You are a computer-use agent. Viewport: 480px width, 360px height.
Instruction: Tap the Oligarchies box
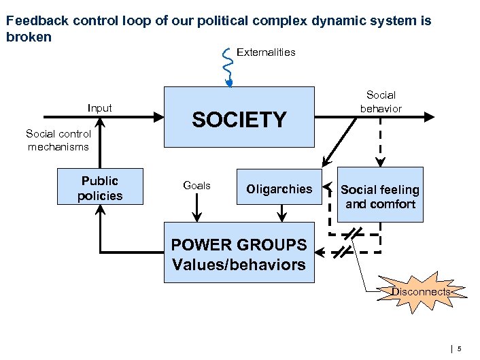tap(279, 189)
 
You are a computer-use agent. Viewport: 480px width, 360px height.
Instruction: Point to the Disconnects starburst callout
tap(420, 292)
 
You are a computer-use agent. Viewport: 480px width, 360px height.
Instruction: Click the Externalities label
tap(266, 52)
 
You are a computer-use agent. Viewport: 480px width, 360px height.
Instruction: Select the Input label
tap(100, 108)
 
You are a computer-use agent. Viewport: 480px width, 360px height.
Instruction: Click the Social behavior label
tap(381, 101)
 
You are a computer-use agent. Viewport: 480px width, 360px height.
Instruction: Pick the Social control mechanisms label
tap(58, 140)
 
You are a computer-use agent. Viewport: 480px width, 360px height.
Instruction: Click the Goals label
tap(197, 185)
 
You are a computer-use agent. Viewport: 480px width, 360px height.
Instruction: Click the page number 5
tap(460, 349)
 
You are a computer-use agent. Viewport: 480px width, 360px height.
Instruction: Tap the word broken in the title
tap(28, 37)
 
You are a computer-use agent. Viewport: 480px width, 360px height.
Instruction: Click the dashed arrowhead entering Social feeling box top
tap(380, 162)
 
